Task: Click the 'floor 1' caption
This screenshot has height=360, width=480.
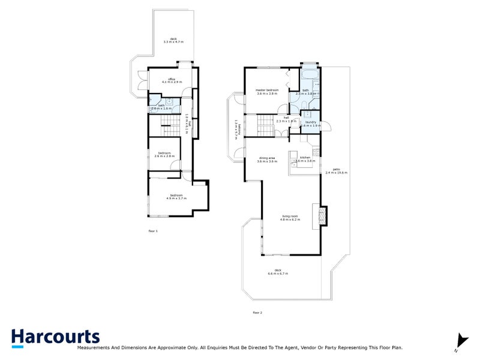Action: [153, 230]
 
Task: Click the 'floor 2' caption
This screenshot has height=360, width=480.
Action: [257, 313]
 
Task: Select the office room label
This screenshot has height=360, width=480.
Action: [171, 79]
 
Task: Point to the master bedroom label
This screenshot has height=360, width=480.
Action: [268, 90]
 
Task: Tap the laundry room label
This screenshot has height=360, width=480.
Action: [312, 122]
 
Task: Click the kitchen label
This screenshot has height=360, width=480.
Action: [305, 157]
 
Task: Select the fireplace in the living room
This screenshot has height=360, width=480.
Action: [323, 215]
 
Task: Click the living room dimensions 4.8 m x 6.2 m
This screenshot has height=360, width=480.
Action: [290, 220]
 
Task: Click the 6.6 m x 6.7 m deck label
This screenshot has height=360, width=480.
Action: [278, 274]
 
